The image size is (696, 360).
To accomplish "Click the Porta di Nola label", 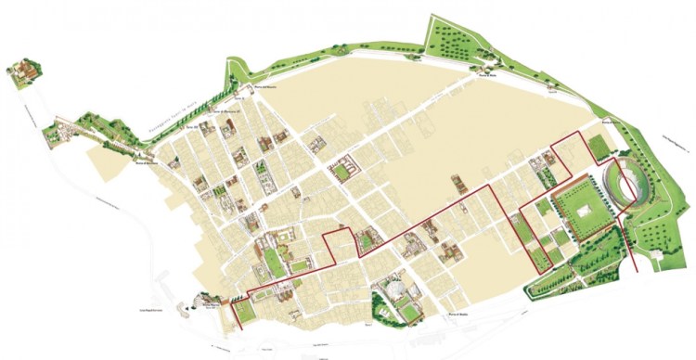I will (x=483, y=77).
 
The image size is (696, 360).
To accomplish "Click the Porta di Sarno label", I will (x=609, y=122).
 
